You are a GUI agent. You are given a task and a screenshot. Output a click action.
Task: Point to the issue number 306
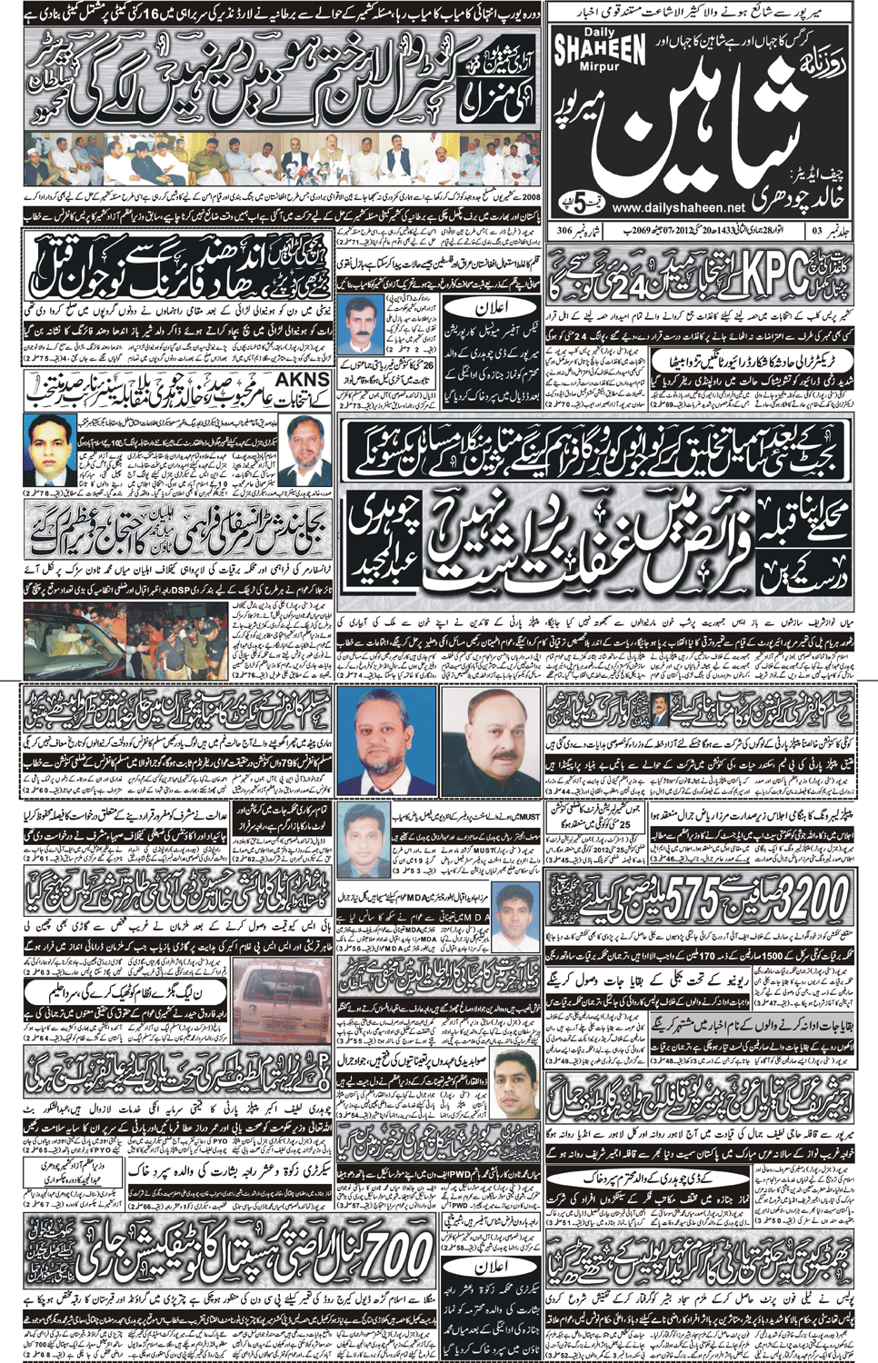pos(564,232)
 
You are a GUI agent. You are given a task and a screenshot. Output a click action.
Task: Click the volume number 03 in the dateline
pos(817,232)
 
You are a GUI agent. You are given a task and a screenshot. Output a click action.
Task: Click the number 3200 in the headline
pos(803,901)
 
